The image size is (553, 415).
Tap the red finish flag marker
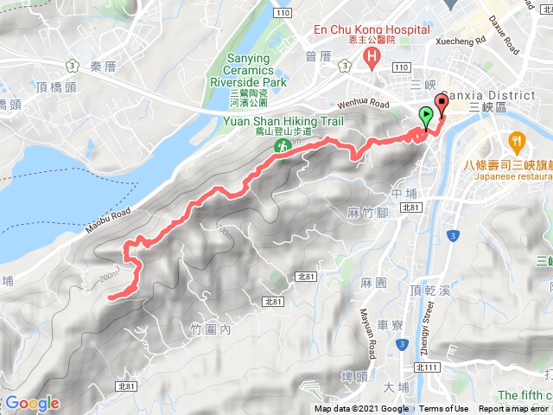pos(443,105)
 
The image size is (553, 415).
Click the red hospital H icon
pos(372,59)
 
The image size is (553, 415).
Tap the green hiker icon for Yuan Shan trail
pos(281,148)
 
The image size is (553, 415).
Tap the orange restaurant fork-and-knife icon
pos(517,140)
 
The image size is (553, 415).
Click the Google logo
pos(32,403)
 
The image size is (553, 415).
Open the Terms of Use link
pos(444,409)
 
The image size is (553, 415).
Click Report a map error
pos(513,409)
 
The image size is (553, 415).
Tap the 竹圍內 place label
pos(210,329)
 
